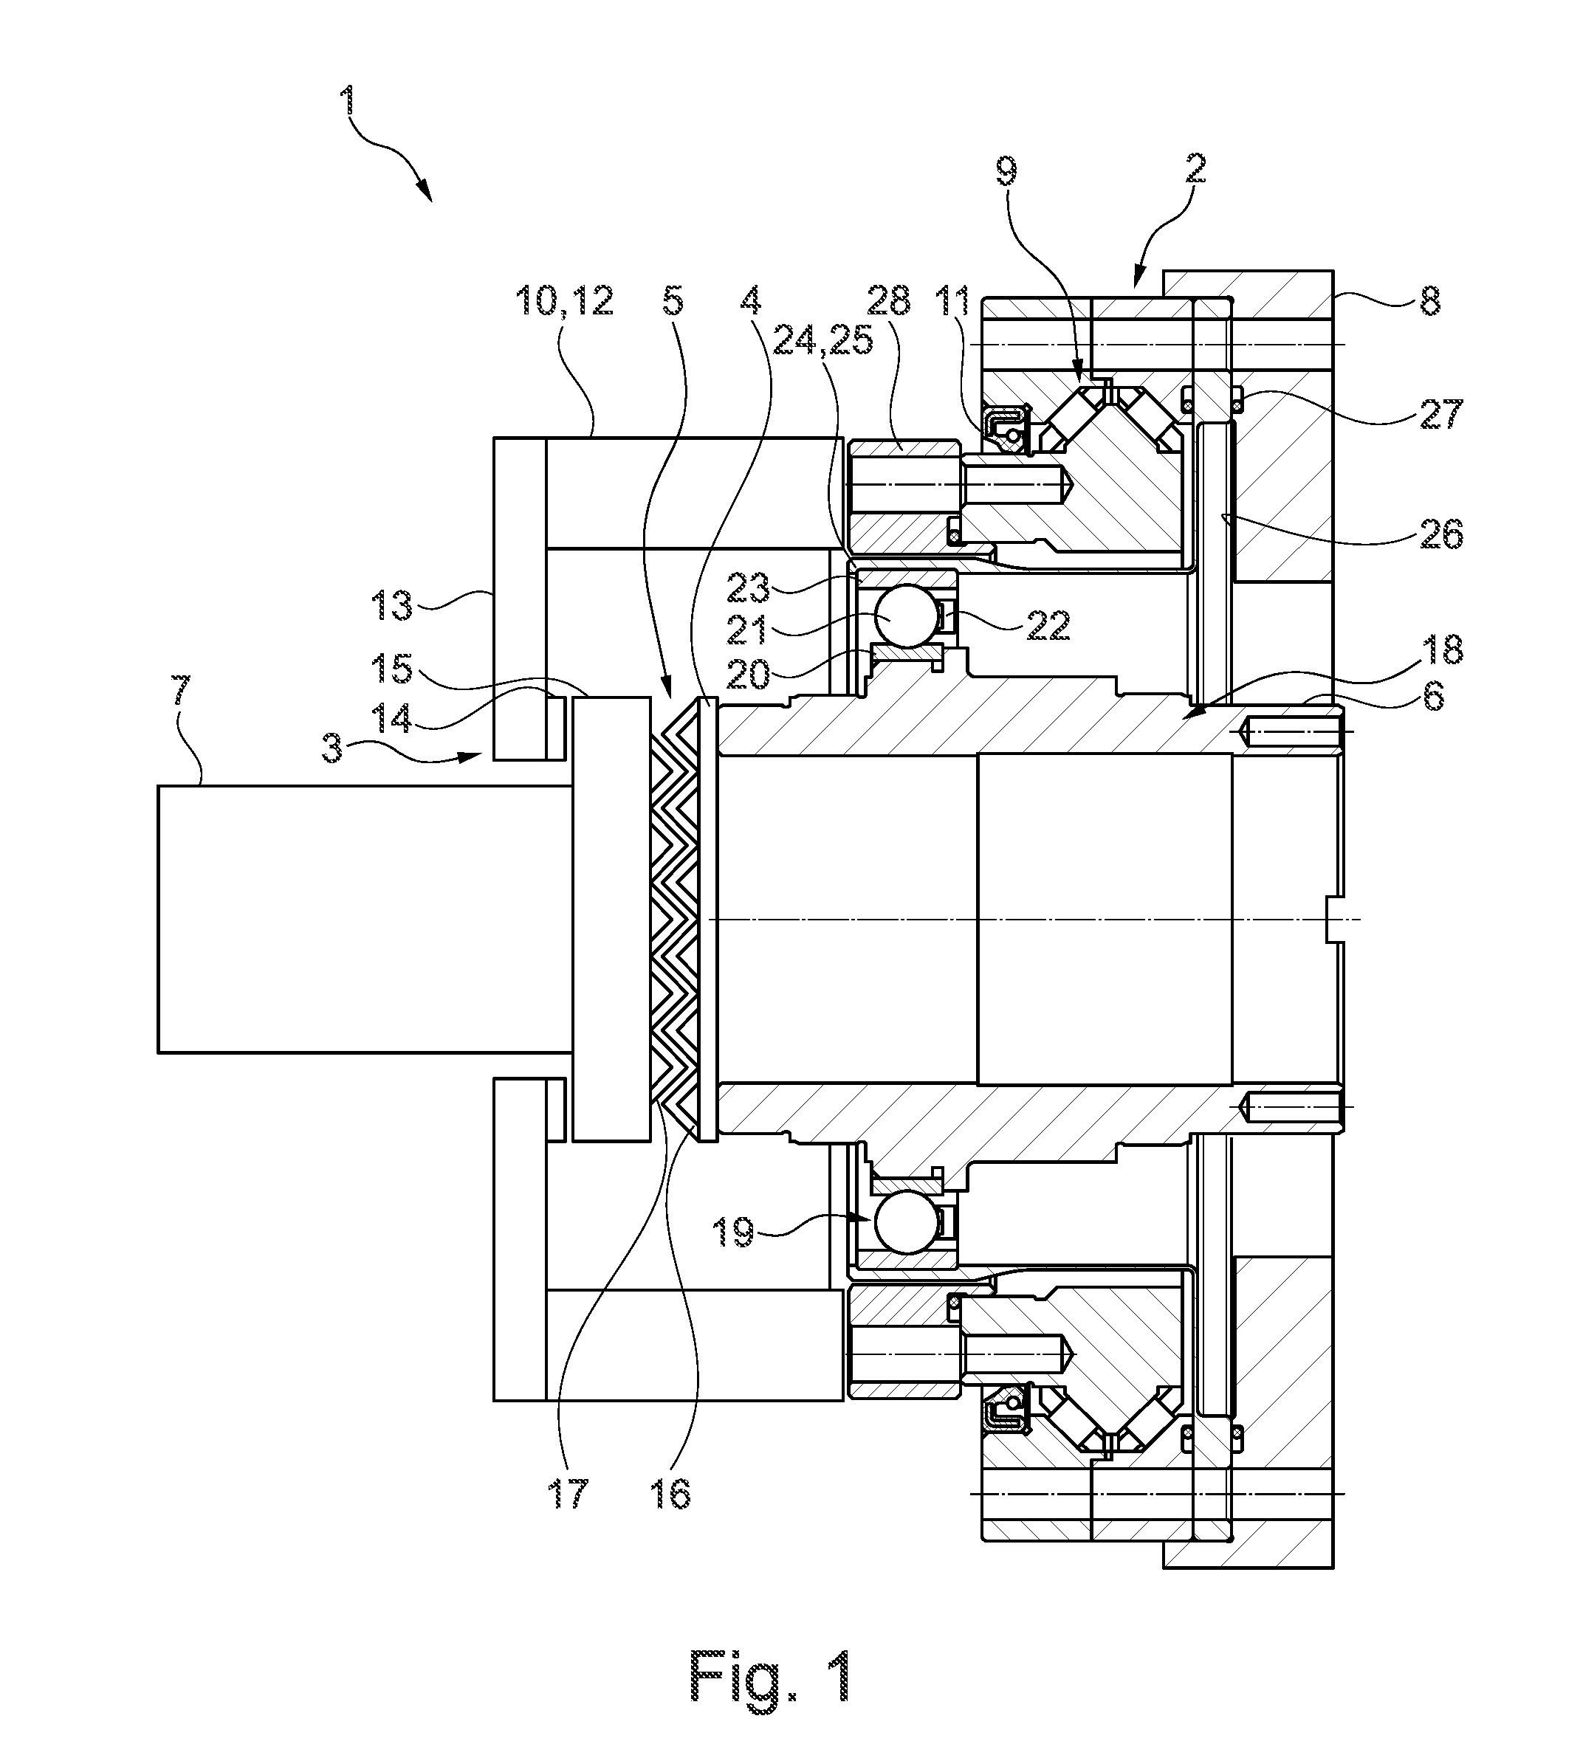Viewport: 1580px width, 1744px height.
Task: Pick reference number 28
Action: click(891, 300)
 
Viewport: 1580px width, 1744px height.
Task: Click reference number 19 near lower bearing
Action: click(733, 1233)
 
